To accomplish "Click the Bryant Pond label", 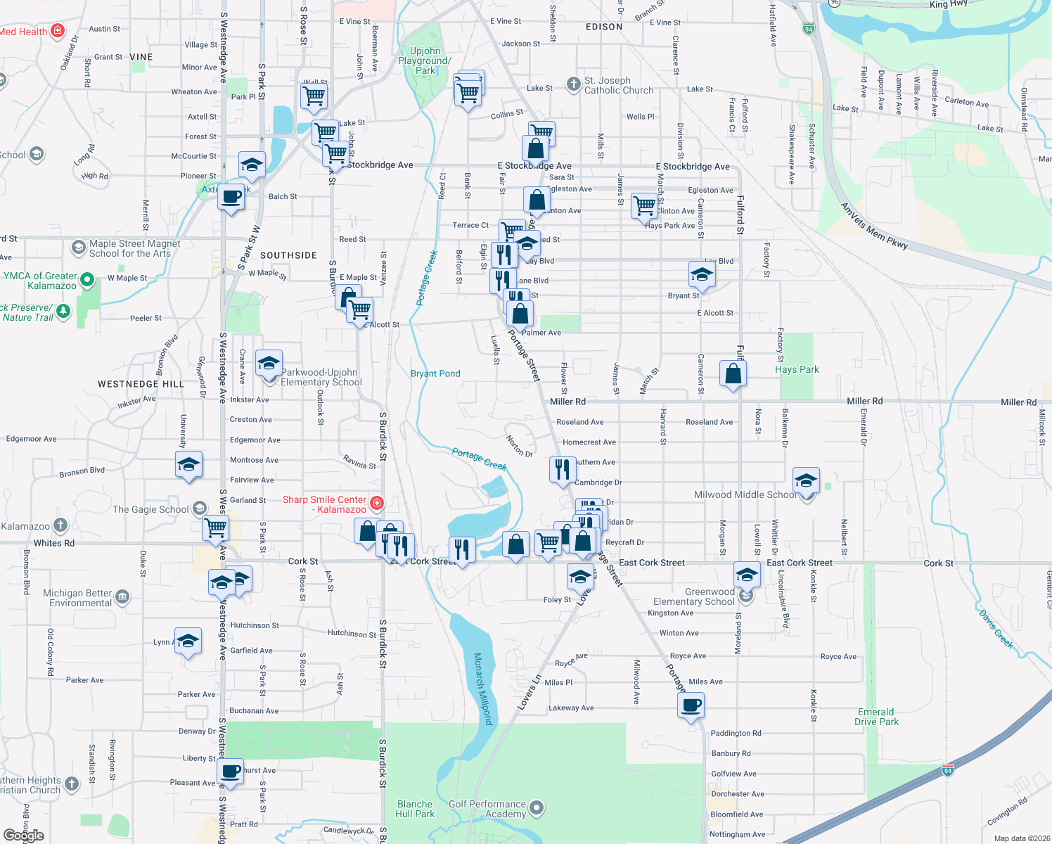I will pyautogui.click(x=435, y=373).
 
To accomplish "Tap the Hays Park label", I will pyautogui.click(x=797, y=369).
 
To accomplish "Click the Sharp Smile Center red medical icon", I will pyautogui.click(x=377, y=503).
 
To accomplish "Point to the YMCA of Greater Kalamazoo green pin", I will pyautogui.click(x=87, y=281).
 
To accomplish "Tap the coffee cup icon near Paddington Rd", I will pyautogui.click(x=691, y=705).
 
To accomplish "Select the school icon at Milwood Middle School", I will pyautogui.click(x=806, y=482).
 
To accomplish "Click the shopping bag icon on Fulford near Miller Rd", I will pyautogui.click(x=733, y=373).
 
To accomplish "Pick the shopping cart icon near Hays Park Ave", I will pyautogui.click(x=644, y=206).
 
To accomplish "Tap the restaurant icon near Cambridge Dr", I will pyautogui.click(x=563, y=469).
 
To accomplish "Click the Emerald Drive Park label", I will pyautogui.click(x=876, y=717).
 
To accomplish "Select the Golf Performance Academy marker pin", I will pyautogui.click(x=537, y=808).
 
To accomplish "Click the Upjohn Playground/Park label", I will pyautogui.click(x=425, y=60).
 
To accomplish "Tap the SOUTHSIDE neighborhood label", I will pyautogui.click(x=288, y=255).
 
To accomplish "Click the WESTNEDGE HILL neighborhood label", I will pyautogui.click(x=141, y=384).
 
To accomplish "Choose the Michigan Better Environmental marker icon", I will pyautogui.click(x=122, y=597).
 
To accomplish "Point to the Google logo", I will pyautogui.click(x=23, y=836).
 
